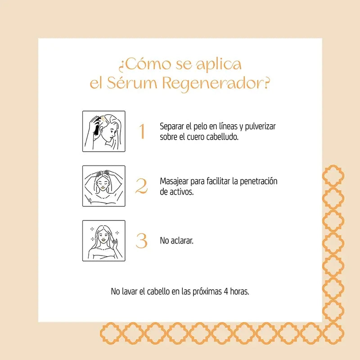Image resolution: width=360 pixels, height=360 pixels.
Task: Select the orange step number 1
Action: point(142,131)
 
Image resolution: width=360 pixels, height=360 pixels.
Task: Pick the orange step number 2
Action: point(142,186)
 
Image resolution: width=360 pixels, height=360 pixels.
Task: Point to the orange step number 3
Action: point(142,241)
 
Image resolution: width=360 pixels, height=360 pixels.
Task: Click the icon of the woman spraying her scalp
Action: point(103,131)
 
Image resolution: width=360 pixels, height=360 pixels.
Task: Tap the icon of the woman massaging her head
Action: point(103,186)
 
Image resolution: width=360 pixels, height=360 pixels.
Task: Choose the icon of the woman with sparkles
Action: point(103,241)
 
